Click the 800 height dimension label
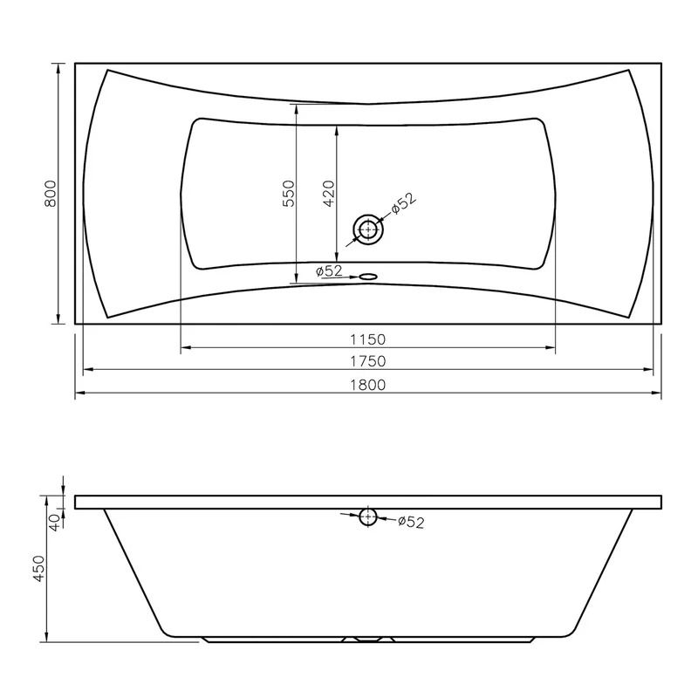pyautogui.click(x=51, y=194)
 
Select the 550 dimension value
pyautogui.click(x=289, y=194)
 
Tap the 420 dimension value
pyautogui.click(x=329, y=194)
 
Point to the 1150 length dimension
pyautogui.click(x=367, y=339)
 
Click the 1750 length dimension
pyautogui.click(x=367, y=361)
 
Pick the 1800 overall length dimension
pyautogui.click(x=367, y=385)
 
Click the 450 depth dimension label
pyautogui.click(x=39, y=568)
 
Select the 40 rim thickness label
pyautogui.click(x=54, y=523)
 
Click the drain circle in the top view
pyautogui.click(x=368, y=229)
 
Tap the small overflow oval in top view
pyautogui.click(x=367, y=277)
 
